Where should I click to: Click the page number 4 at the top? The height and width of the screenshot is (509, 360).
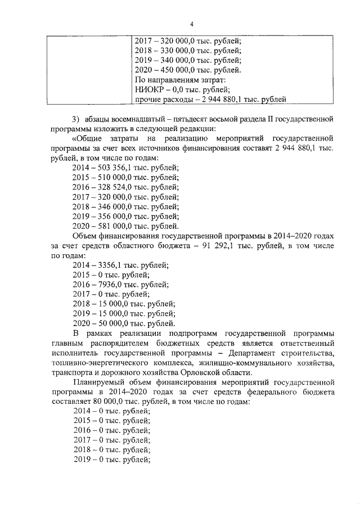point(191,25)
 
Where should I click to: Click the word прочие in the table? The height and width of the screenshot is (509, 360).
point(150,100)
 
